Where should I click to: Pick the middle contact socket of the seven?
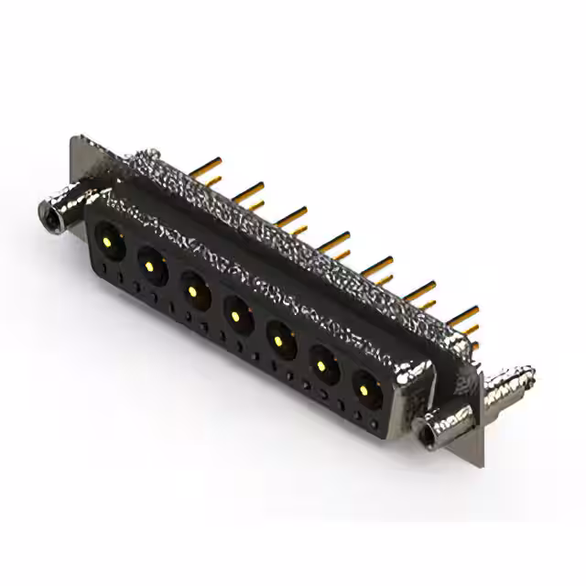pos(236,317)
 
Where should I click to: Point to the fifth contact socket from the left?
pos(278,342)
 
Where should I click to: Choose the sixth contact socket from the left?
pos(322,368)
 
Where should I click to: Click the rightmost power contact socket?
pos(364,392)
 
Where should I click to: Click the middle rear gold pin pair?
pos(335,244)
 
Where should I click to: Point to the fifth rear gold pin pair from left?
pos(377,268)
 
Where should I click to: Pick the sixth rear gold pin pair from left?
pos(421,293)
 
